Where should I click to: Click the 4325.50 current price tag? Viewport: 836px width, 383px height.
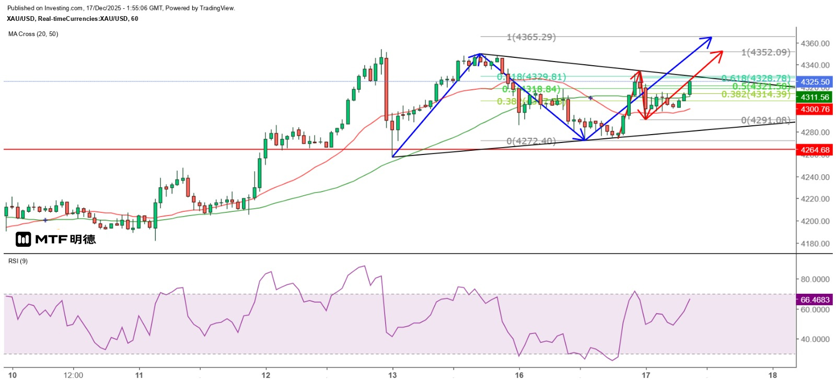(x=815, y=82)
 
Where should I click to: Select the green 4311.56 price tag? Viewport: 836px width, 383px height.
(x=815, y=97)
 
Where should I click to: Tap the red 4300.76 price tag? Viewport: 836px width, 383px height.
(x=815, y=109)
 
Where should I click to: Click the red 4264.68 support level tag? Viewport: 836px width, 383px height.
(x=815, y=150)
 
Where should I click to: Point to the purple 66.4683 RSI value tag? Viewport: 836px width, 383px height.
(x=815, y=300)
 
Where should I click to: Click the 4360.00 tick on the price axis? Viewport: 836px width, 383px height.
(x=815, y=43)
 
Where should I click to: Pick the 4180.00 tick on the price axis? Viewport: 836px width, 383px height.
(x=815, y=244)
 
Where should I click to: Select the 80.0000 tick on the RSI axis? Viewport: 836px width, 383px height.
(x=815, y=279)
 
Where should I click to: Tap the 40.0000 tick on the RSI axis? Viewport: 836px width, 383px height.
(x=815, y=339)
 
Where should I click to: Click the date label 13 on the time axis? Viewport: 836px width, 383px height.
(x=392, y=375)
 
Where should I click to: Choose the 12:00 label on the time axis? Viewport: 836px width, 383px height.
(x=73, y=375)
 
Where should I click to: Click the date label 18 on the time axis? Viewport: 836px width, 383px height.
(x=773, y=375)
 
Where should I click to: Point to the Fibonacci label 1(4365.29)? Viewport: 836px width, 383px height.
(x=531, y=37)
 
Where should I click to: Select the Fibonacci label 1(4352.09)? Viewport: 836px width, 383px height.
(x=765, y=52)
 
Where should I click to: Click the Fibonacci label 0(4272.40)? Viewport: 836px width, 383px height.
(x=531, y=141)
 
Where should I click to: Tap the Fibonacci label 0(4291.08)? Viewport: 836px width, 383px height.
(x=765, y=121)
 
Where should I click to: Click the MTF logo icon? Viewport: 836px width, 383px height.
(x=24, y=240)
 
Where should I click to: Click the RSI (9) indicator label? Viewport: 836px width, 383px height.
(x=18, y=261)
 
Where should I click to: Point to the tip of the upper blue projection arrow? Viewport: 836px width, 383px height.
(x=711, y=37)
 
